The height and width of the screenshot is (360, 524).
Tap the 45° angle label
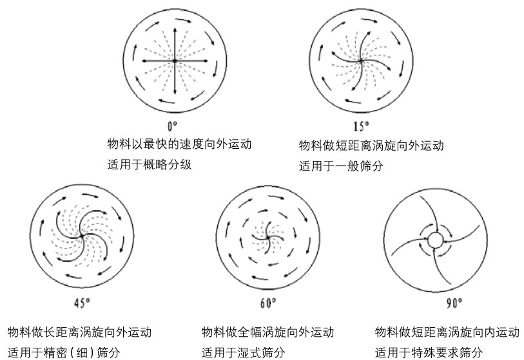point(82,301)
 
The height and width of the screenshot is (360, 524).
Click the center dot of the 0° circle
point(175,61)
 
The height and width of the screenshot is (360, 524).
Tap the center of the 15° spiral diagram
point(361,61)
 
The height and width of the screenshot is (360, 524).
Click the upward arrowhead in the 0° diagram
point(175,28)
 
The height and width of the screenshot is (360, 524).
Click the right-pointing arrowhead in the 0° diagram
point(207,61)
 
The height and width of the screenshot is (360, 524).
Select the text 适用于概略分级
point(150,165)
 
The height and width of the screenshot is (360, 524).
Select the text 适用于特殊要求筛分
point(428,352)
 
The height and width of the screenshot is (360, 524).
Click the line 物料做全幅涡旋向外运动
point(267,332)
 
